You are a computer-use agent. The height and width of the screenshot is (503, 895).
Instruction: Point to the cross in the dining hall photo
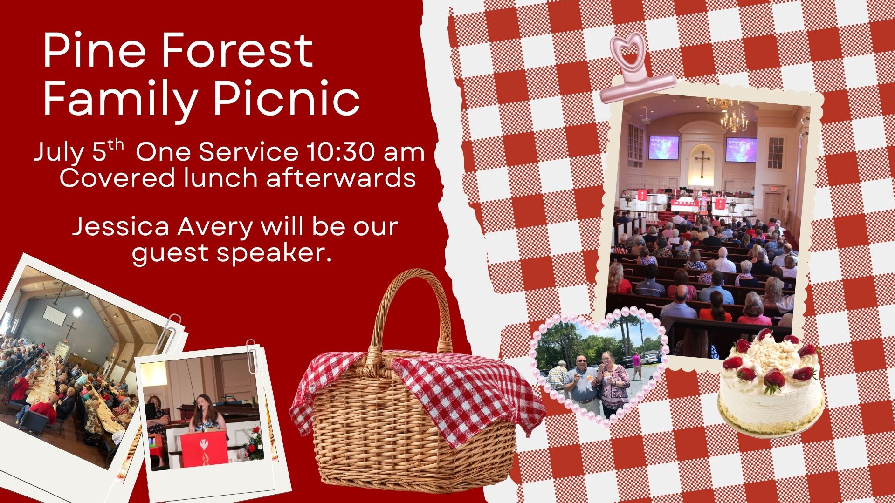point(70,332)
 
